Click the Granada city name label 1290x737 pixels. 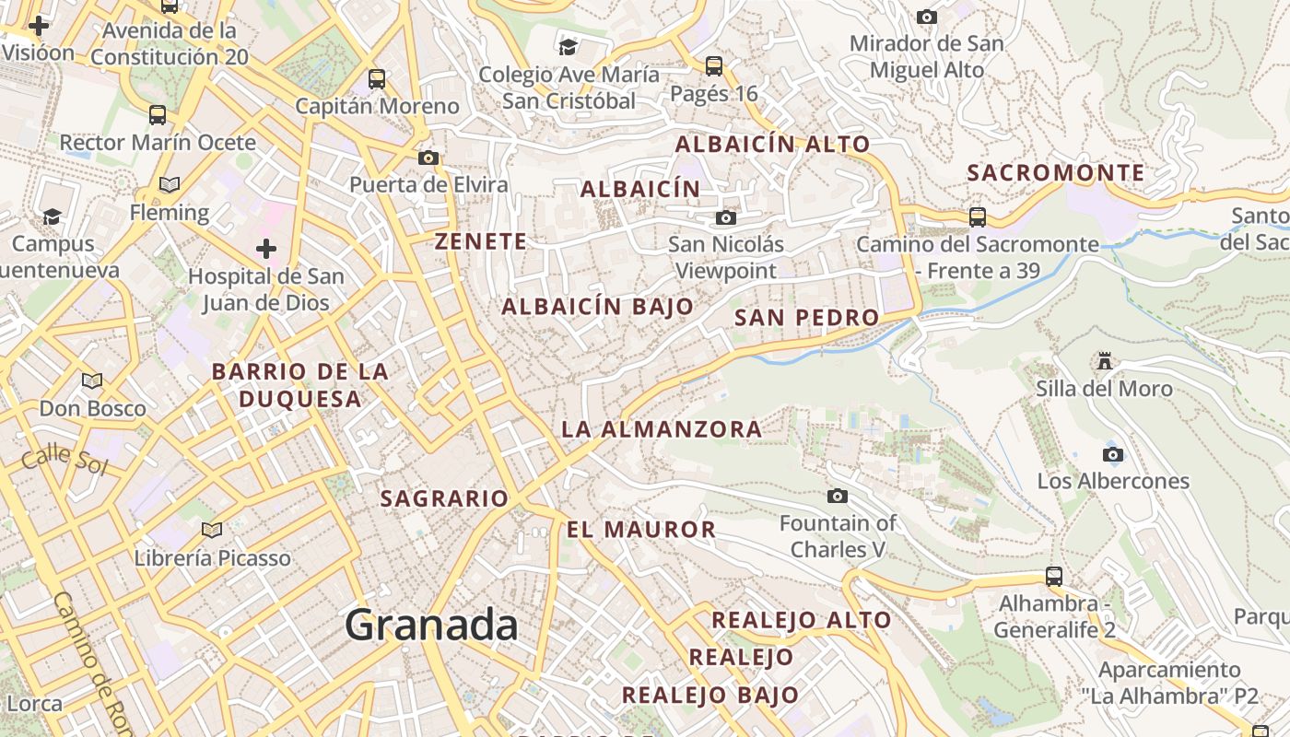click(431, 626)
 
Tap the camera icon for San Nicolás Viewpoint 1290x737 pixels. click(726, 217)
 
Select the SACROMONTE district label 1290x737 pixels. click(1056, 172)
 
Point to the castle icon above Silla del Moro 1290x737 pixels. click(1105, 360)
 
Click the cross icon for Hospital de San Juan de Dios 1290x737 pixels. click(266, 248)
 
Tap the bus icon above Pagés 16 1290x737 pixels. click(714, 66)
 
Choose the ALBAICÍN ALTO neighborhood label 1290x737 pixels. click(772, 144)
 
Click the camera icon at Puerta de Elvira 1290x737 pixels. click(428, 158)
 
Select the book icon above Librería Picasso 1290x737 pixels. click(212, 530)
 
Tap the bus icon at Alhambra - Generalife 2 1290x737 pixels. click(1054, 577)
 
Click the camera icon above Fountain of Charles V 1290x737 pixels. click(838, 496)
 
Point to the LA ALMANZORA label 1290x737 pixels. click(662, 428)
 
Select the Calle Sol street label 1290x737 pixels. click(65, 458)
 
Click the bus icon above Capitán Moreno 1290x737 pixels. click(377, 78)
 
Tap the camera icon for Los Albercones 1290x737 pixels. click(1113, 454)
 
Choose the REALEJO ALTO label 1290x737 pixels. click(801, 620)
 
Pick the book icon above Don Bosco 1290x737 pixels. click(92, 380)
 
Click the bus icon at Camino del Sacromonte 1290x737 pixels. click(978, 217)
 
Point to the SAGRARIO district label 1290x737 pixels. click(444, 498)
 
